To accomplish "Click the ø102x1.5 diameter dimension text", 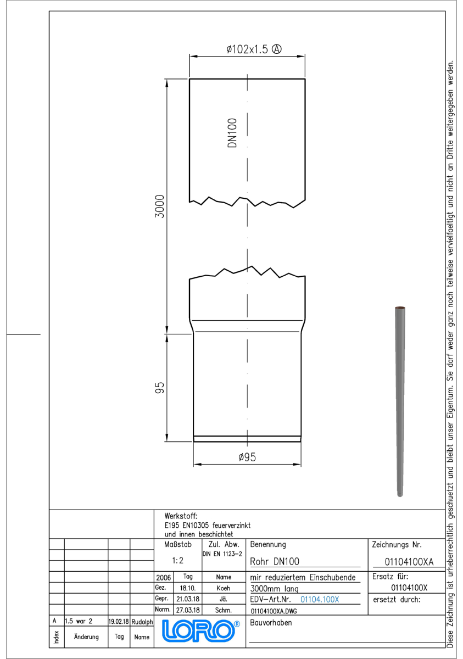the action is tap(247, 49).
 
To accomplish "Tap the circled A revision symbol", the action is tap(276, 49).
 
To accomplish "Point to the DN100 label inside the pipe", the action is tap(232, 133).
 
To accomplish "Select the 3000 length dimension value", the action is tap(160, 206).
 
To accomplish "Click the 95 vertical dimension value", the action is tap(160, 388).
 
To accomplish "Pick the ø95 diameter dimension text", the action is tap(247, 457).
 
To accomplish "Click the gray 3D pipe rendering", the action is tap(400, 401).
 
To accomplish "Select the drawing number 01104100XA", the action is tap(409, 562).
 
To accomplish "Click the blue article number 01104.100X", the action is tap(320, 599).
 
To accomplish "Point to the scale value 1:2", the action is tap(177, 561).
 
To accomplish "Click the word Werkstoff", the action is tap(181, 516).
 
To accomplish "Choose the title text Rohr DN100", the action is tap(275, 562).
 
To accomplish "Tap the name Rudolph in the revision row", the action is tap(142, 622).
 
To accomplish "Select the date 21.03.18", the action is tap(188, 599).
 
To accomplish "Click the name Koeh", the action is tap(224, 588).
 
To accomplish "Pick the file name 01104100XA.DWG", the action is tap(274, 611).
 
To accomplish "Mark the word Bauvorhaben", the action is tap(271, 623).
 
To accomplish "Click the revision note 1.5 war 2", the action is tap(79, 621).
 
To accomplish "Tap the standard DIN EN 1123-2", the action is tap(222, 554).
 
